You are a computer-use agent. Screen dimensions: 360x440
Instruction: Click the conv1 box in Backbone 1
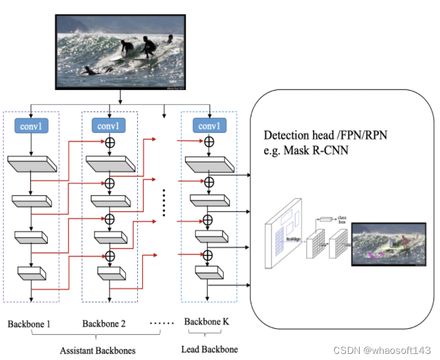[31, 127]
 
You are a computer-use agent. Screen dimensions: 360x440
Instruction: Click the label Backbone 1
[29, 323]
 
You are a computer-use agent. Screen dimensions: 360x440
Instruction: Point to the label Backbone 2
[104, 323]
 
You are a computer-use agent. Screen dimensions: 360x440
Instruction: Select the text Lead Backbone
[209, 349]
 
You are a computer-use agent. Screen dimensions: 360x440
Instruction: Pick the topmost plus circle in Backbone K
[209, 142]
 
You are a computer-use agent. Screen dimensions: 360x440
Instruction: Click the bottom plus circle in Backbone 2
[110, 256]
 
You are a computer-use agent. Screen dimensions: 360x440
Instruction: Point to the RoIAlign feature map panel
[283, 233]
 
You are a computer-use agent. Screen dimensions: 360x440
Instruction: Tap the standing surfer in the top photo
[148, 47]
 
